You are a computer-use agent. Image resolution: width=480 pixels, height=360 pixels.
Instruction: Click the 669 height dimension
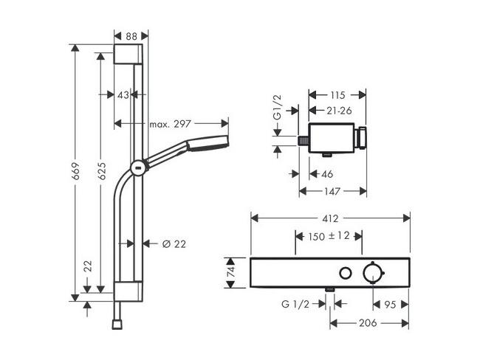76,171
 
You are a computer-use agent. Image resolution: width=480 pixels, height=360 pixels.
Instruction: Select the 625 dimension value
102,171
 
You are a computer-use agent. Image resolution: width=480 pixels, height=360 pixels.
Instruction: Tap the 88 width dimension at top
131,36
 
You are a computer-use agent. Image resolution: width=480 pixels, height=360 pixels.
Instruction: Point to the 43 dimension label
123,95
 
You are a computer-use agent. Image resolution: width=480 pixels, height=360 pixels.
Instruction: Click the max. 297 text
170,124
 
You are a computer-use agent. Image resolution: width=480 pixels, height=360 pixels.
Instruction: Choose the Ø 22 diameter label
174,244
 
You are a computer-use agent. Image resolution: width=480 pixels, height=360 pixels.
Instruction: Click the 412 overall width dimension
331,218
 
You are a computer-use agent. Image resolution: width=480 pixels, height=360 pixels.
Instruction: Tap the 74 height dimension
231,271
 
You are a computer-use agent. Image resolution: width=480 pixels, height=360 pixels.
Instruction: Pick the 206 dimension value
368,323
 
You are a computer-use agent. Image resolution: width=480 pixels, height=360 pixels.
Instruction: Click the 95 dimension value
390,305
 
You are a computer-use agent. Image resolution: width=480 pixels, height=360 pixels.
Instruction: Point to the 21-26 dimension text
339,111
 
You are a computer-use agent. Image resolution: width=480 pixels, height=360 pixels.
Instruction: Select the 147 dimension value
332,192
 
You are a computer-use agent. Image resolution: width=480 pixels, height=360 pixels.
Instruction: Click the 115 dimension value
337,95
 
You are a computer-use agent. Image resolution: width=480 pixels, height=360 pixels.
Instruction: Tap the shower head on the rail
208,143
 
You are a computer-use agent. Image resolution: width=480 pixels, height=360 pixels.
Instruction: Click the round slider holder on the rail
140,168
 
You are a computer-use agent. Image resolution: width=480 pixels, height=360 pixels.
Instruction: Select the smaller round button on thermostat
346,273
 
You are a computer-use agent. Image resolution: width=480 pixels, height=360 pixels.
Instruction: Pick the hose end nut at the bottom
117,324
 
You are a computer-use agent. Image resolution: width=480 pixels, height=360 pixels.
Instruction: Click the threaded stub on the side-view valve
304,141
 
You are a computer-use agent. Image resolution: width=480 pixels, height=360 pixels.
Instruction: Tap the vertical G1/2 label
277,108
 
